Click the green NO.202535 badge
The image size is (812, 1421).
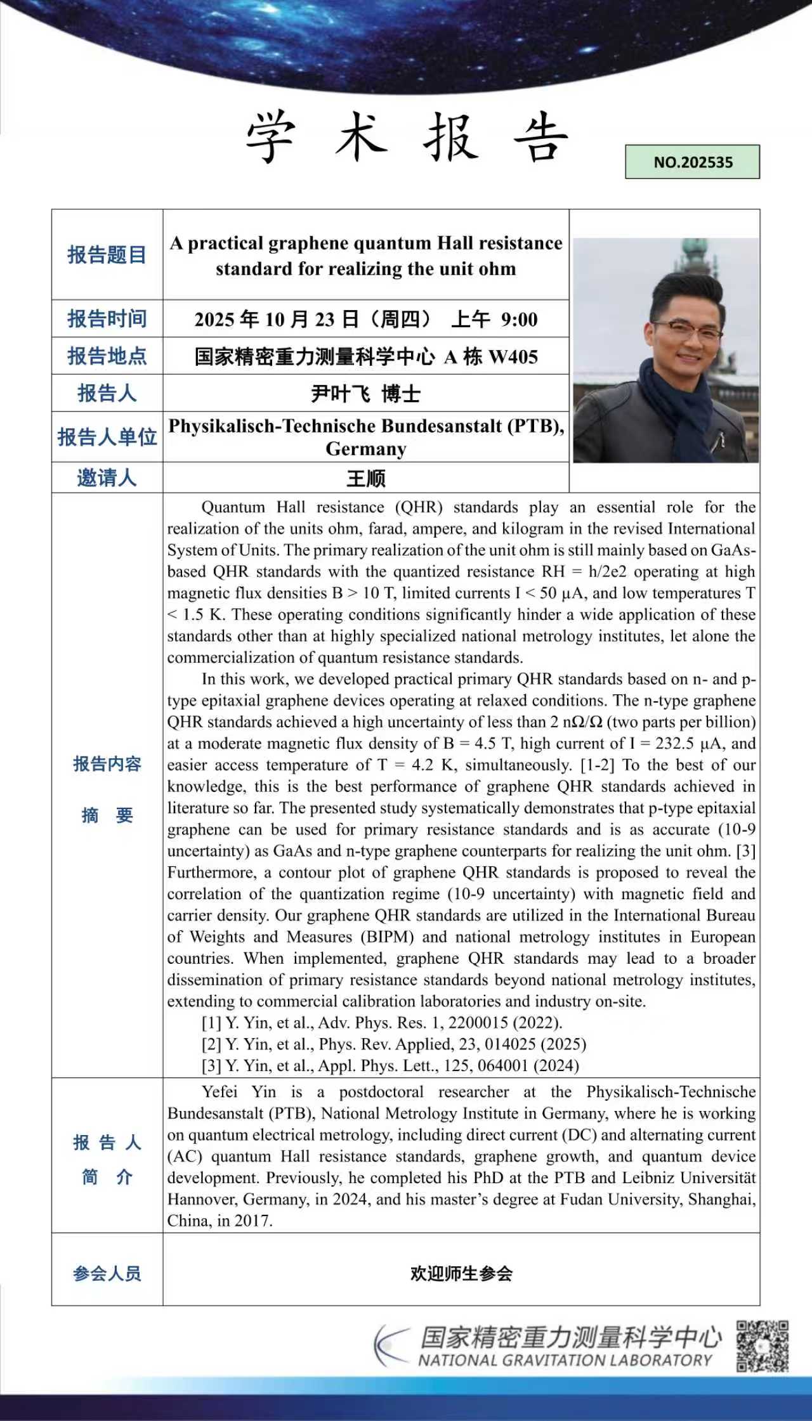click(x=692, y=162)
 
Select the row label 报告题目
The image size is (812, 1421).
click(x=107, y=255)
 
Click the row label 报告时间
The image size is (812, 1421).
click(x=107, y=318)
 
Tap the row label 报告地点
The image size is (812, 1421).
click(x=107, y=356)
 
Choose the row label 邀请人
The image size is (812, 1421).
click(x=107, y=477)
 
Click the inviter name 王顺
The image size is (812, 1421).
click(x=366, y=478)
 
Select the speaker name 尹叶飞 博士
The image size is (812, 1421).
click(x=366, y=394)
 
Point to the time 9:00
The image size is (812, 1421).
click(x=519, y=320)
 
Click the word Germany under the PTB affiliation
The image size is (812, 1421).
click(x=366, y=449)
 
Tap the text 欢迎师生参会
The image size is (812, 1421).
click(x=461, y=1273)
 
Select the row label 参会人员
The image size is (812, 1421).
click(x=107, y=1273)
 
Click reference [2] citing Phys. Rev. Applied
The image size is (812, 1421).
click(x=393, y=1044)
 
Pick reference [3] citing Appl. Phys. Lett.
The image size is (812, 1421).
click(x=390, y=1065)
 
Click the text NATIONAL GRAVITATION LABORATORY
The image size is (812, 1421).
click(x=565, y=1360)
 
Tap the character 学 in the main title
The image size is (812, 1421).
click(x=271, y=136)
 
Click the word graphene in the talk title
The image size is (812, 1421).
click(x=308, y=243)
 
